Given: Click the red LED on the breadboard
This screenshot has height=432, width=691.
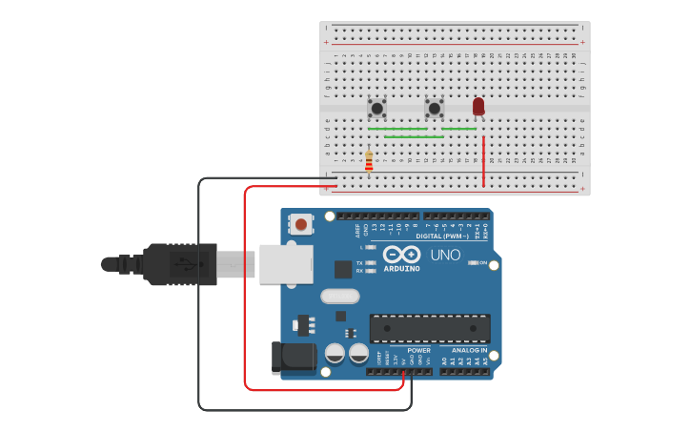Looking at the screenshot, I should [478, 106].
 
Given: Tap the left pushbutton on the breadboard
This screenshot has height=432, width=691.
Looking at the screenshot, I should [377, 108].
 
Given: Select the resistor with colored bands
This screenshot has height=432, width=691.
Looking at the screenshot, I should [369, 161].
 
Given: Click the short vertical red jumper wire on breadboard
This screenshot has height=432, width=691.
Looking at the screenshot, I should [483, 161].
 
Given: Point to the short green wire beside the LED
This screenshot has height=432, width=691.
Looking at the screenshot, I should [458, 129].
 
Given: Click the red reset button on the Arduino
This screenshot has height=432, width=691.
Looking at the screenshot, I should [301, 225].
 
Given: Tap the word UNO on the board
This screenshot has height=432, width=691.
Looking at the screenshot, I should [445, 256].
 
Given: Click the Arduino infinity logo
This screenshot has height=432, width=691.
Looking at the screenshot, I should [401, 255].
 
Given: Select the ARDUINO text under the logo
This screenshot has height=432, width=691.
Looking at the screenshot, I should [401, 269].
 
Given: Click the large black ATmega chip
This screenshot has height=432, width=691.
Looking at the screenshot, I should [430, 328].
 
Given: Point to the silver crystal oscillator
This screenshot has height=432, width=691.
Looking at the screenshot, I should [339, 296].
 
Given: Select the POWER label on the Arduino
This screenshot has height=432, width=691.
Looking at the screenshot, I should [418, 350].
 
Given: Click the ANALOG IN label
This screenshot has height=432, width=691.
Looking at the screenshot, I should [470, 350].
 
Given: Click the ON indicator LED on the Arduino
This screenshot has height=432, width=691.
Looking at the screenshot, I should [473, 262].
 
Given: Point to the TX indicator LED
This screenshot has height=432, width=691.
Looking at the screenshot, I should [370, 262].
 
